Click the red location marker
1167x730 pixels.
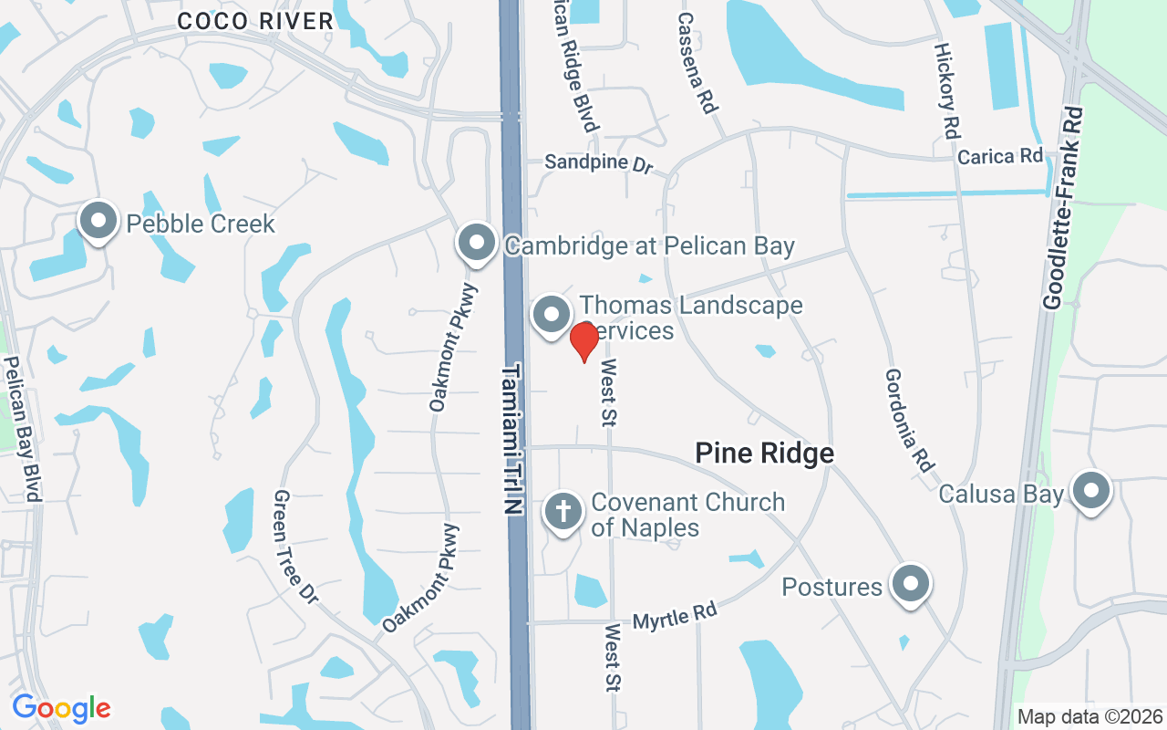pyautogui.click(x=583, y=340)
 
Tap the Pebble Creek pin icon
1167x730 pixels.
pyautogui.click(x=98, y=221)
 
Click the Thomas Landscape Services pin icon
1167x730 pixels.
pyautogui.click(x=551, y=316)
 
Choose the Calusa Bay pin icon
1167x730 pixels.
pyautogui.click(x=1091, y=492)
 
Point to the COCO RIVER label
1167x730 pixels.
pyautogui.click(x=255, y=22)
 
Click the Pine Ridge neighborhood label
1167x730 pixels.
pyautogui.click(x=764, y=454)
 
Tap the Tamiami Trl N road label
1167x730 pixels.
pyautogui.click(x=513, y=440)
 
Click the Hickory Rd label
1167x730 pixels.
pyautogui.click(x=948, y=89)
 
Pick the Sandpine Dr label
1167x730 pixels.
pyautogui.click(x=599, y=164)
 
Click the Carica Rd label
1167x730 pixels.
pyautogui.click(x=999, y=157)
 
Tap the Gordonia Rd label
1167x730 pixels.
pyautogui.click(x=909, y=419)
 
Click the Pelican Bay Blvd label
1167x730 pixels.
pyautogui.click(x=24, y=428)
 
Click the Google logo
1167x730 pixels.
pyautogui.click(x=61, y=708)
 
